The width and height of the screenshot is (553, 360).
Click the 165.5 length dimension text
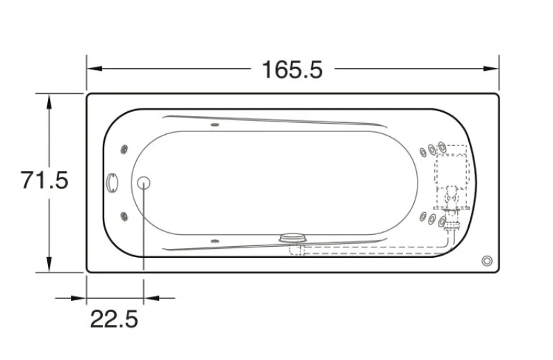(292, 69)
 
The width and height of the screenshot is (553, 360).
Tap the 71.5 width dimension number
(44, 180)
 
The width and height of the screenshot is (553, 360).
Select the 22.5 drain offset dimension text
(114, 319)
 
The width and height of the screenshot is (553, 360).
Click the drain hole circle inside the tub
(144, 183)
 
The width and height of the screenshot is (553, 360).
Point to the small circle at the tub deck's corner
(487, 261)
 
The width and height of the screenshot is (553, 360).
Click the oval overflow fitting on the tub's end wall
(112, 183)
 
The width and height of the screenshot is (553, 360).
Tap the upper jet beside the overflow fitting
(124, 149)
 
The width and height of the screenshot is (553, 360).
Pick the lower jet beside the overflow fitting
(124, 216)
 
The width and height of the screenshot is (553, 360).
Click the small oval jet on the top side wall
(215, 124)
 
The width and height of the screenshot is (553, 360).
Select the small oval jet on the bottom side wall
(215, 241)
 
